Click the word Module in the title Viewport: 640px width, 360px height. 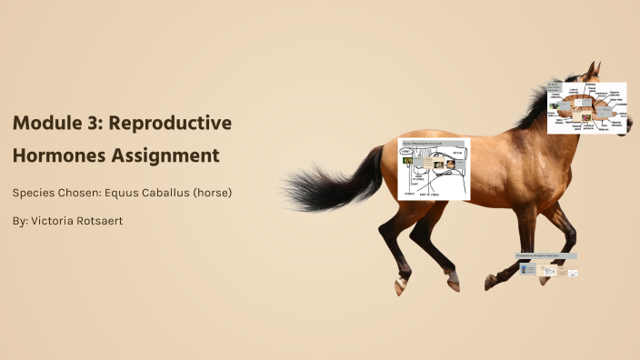tap(50, 123)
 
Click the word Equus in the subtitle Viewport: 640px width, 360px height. tap(125, 193)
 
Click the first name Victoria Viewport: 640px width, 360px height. tap(57, 221)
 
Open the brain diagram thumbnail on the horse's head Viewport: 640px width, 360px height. tap(586, 108)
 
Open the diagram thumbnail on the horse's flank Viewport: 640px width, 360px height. tap(435, 169)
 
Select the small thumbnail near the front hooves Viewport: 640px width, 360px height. tap(548, 266)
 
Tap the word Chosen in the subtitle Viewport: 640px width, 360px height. tap(81, 193)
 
